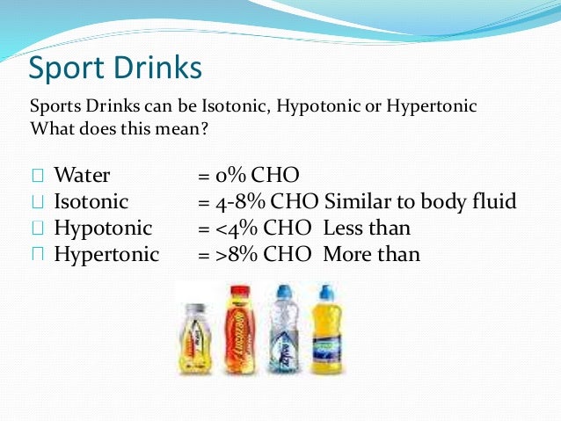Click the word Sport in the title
(x=69, y=68)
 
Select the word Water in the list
(x=82, y=175)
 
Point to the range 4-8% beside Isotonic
(x=241, y=202)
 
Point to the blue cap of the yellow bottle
(x=325, y=290)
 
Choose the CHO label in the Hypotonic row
(x=294, y=229)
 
